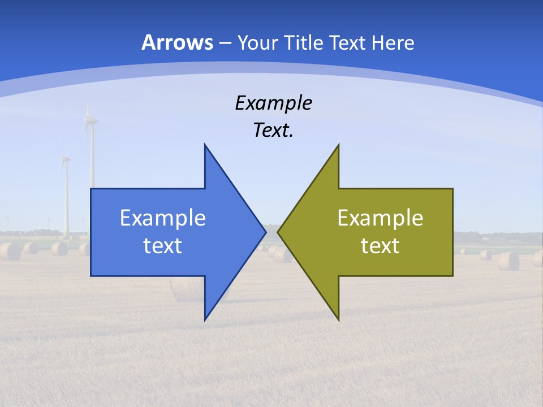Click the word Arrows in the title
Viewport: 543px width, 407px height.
178,42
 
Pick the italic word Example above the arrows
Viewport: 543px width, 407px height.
273,103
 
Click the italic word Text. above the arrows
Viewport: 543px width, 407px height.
273,131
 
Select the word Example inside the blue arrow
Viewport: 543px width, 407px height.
163,218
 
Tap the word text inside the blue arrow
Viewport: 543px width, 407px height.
163,246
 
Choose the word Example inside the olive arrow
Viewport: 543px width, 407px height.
380,218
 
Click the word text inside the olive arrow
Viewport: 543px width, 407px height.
380,246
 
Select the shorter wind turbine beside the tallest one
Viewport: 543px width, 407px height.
66,192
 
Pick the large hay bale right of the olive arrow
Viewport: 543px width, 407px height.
508,261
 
